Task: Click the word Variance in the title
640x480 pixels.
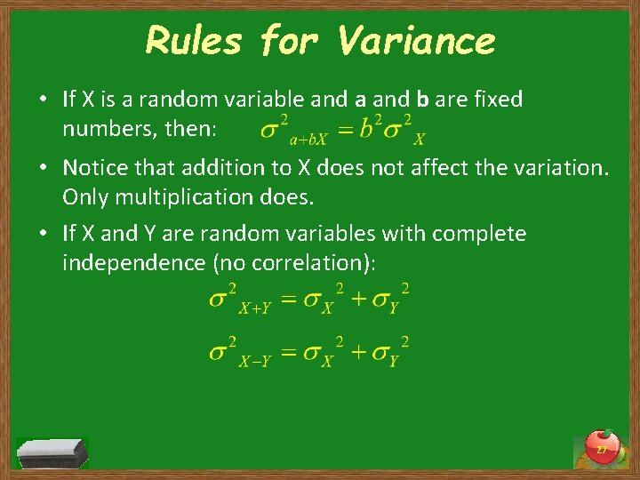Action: [417, 41]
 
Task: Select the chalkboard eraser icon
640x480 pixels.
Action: [52, 452]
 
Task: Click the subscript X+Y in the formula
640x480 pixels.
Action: [255, 308]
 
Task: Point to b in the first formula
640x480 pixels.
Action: [367, 130]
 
